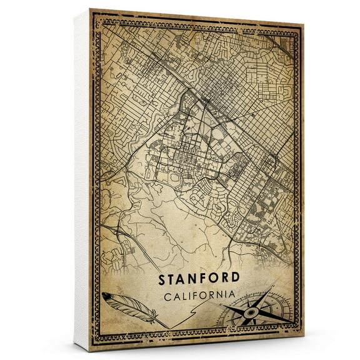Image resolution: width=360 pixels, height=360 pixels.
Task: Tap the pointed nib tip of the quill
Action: (x=167, y=327)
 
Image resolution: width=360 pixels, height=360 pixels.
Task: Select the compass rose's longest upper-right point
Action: (x=272, y=289)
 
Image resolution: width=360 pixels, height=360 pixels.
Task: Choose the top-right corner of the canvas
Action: (x=304, y=25)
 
